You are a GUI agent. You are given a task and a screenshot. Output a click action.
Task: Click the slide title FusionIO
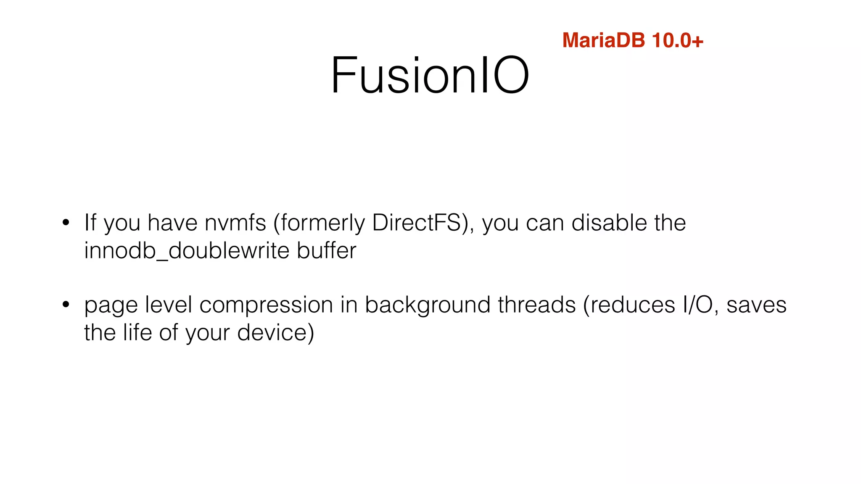tap(430, 76)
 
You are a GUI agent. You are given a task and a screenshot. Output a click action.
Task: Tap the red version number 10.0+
tap(677, 41)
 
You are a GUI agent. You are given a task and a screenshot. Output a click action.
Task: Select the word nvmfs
tap(235, 223)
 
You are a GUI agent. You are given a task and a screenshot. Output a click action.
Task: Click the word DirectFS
tap(417, 223)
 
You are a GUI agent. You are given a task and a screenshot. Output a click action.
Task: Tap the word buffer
tap(327, 250)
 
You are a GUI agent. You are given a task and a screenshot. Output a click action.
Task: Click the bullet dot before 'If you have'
tap(66, 223)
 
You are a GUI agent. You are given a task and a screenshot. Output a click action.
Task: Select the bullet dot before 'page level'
tap(66, 305)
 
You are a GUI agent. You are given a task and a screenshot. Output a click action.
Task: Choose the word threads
tap(536, 305)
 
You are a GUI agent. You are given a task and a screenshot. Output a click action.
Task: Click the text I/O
tap(698, 305)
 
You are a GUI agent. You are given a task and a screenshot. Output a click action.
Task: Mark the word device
tap(275, 333)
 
